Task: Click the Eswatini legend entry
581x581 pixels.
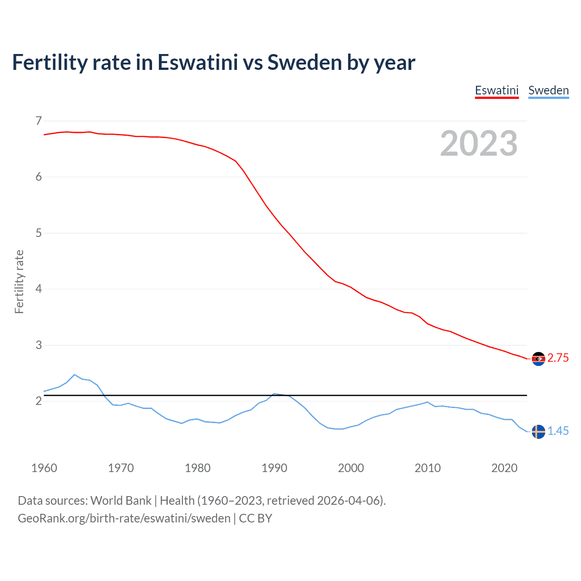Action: point(497,90)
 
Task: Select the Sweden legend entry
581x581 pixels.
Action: point(548,90)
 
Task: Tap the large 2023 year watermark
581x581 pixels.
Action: point(478,143)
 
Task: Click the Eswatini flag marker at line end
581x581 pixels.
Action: point(538,359)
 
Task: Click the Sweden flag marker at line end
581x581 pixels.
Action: point(538,431)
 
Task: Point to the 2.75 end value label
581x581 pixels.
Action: point(558,358)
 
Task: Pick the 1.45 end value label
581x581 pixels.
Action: point(558,431)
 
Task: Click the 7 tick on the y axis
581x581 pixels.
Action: point(39,121)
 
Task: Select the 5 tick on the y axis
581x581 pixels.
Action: point(39,233)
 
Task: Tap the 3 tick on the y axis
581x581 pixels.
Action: point(39,345)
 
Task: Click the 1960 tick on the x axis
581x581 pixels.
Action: point(44,468)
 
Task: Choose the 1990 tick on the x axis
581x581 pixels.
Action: point(274,468)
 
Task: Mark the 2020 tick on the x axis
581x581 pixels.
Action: point(504,468)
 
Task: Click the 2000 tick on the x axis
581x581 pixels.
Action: point(351,468)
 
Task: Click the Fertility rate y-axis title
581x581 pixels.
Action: point(19,281)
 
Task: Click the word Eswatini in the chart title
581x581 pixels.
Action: point(197,63)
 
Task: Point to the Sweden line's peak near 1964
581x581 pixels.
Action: point(74,375)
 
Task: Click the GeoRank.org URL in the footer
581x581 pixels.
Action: point(124,518)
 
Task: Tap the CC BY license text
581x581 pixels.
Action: point(256,518)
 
